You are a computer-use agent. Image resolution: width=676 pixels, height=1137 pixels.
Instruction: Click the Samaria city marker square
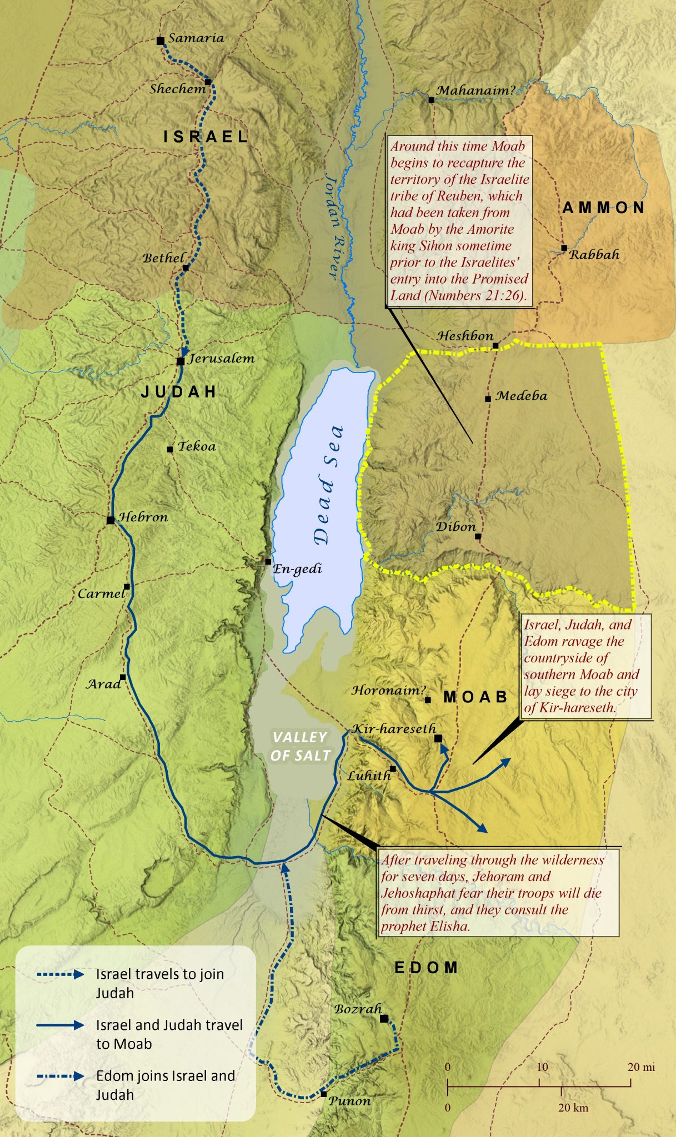tap(160, 41)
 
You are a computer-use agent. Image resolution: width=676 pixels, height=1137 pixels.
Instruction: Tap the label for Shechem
tap(177, 89)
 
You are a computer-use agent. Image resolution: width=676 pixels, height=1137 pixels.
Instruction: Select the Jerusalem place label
tap(222, 359)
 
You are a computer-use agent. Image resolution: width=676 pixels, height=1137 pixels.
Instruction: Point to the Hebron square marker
tap(111, 520)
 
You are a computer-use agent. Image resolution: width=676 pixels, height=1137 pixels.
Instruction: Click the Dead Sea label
tap(328, 485)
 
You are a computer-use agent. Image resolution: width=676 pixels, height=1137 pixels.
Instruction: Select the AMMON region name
tap(603, 208)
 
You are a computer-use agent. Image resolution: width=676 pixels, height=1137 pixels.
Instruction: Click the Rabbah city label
tap(594, 255)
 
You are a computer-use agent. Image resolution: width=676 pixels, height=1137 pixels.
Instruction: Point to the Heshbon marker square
tap(495, 346)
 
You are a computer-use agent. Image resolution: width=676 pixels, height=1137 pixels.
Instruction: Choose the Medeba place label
tap(521, 396)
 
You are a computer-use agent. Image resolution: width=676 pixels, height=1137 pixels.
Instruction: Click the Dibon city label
tap(455, 527)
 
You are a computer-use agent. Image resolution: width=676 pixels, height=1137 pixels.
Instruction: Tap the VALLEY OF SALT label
tap(301, 746)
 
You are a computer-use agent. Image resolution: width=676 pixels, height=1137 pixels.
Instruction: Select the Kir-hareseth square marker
tap(438, 738)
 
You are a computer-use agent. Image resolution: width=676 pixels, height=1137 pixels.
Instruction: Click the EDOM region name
tap(426, 968)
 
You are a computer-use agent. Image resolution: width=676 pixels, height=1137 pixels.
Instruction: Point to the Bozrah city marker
tap(384, 1019)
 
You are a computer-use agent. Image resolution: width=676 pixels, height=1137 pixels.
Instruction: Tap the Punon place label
tap(349, 1101)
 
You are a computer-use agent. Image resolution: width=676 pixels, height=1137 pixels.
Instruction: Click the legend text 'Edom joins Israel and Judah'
tap(165, 1085)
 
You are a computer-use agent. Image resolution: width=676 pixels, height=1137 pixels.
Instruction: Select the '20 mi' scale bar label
tap(641, 1067)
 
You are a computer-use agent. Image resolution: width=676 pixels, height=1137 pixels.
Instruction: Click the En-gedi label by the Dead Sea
tap(297, 569)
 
